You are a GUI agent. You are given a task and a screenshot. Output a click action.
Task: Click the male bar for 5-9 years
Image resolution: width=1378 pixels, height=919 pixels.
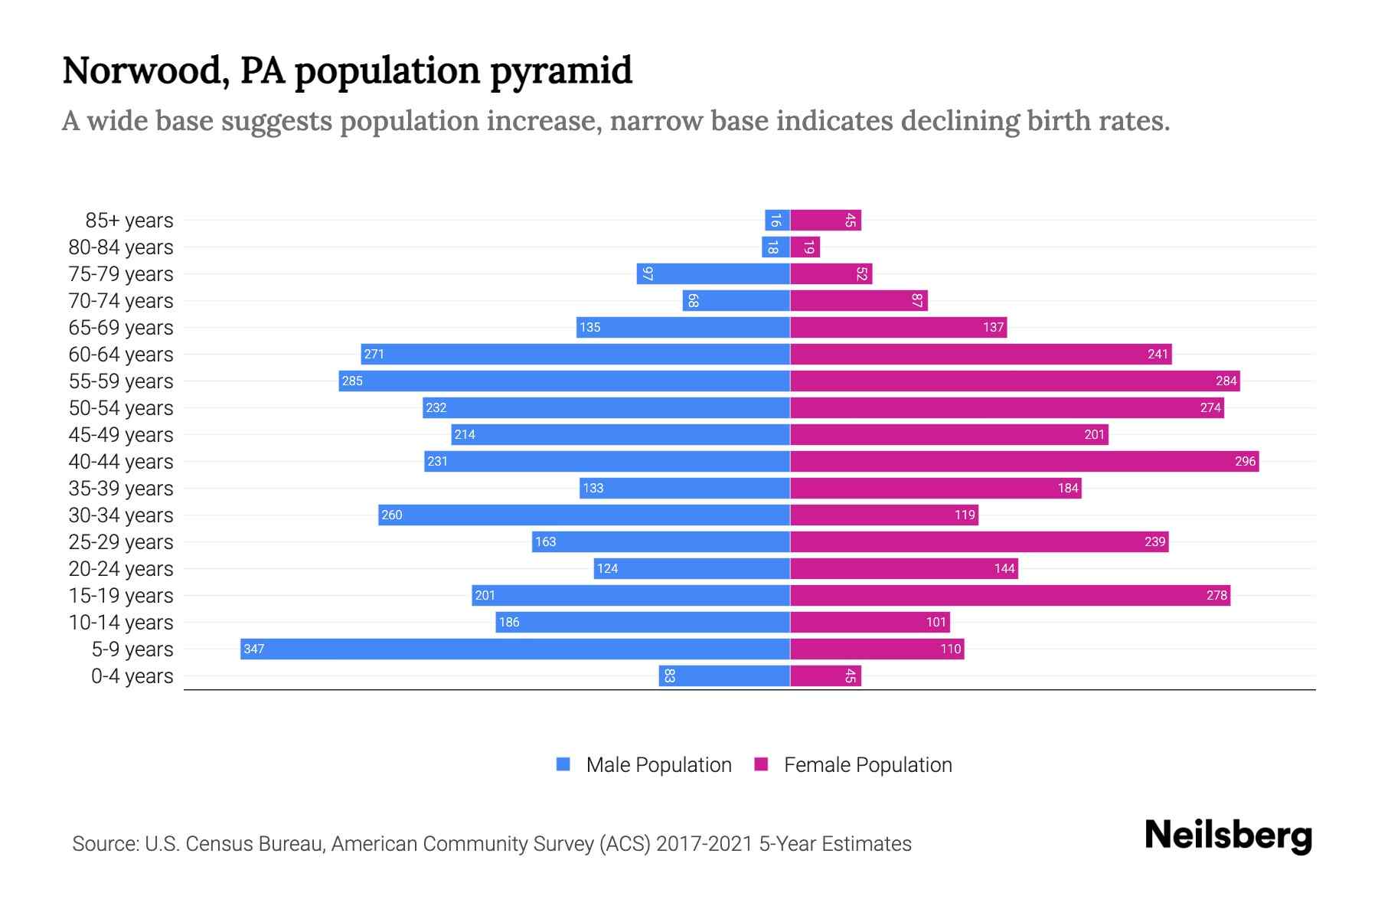(x=514, y=649)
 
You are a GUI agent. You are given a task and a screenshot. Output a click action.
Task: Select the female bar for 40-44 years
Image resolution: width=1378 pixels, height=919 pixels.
(x=1024, y=461)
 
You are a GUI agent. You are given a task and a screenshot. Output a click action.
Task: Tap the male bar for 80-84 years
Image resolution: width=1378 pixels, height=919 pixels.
(x=776, y=247)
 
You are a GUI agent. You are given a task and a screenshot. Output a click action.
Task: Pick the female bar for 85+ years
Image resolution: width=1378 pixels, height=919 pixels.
(x=825, y=220)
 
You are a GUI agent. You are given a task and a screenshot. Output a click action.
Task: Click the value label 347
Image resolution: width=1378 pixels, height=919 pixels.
(x=253, y=649)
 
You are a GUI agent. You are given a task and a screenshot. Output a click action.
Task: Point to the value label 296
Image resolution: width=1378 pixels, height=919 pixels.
(x=1245, y=461)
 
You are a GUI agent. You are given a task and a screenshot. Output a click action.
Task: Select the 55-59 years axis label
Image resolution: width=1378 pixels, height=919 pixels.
(x=121, y=381)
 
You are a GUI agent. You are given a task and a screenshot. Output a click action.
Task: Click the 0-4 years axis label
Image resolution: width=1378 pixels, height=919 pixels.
(x=132, y=676)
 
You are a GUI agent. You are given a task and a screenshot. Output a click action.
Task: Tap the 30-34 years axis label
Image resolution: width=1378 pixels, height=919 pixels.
(x=121, y=515)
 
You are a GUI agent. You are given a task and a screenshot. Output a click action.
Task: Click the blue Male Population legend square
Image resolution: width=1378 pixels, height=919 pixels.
(x=563, y=764)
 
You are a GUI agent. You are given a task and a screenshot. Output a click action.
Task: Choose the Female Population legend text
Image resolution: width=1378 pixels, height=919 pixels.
(x=867, y=765)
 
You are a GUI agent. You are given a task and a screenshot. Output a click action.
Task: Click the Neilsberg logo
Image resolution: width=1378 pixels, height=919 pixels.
(x=1228, y=836)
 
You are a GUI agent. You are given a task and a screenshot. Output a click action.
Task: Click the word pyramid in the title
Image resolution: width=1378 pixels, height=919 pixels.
(x=560, y=71)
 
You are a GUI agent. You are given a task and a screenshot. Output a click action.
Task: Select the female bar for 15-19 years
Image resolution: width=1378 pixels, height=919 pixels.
(x=1010, y=595)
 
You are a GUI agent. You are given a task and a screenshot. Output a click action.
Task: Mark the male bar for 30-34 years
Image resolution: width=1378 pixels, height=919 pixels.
(x=583, y=515)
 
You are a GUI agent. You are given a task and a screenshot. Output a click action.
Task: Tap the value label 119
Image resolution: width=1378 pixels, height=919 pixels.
(x=965, y=515)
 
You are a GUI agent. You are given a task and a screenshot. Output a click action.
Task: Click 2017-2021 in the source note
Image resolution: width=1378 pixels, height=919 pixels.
(x=704, y=844)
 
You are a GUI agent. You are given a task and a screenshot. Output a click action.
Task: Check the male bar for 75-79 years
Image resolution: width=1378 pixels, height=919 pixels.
(x=713, y=273)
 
